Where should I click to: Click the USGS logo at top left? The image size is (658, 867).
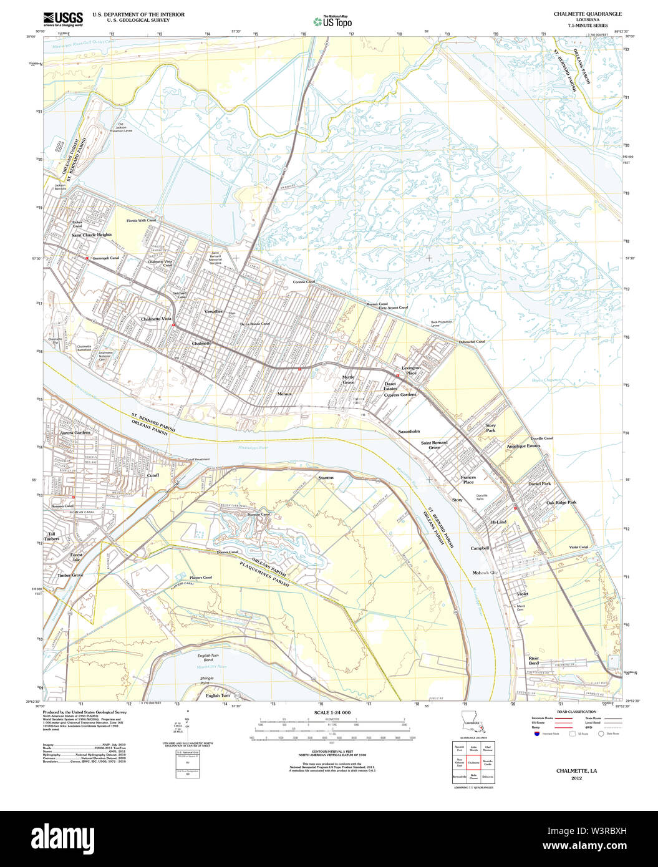[62, 17]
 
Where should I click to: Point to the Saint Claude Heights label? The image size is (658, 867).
[91, 235]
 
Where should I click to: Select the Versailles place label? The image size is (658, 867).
[213, 311]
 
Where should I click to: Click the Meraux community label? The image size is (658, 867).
[284, 394]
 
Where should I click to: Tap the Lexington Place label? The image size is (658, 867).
[411, 371]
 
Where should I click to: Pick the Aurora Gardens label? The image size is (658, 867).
[75, 432]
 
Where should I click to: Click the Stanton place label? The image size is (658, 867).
[326, 477]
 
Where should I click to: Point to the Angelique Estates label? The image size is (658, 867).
[523, 446]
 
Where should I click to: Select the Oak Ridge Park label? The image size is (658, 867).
[561, 502]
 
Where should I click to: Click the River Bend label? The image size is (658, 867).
[534, 661]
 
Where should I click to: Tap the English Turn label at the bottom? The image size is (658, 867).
[218, 695]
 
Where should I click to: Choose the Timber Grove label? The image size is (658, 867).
[70, 575]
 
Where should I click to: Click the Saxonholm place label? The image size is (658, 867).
[409, 431]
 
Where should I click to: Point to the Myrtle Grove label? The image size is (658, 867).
[348, 380]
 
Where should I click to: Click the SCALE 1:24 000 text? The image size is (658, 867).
[332, 712]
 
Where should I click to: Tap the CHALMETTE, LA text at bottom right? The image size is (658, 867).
[576, 771]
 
